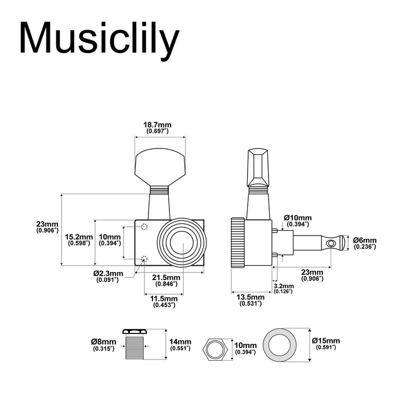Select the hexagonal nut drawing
click(215, 349)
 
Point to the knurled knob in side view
click(237, 242)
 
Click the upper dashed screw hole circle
click(144, 227)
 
